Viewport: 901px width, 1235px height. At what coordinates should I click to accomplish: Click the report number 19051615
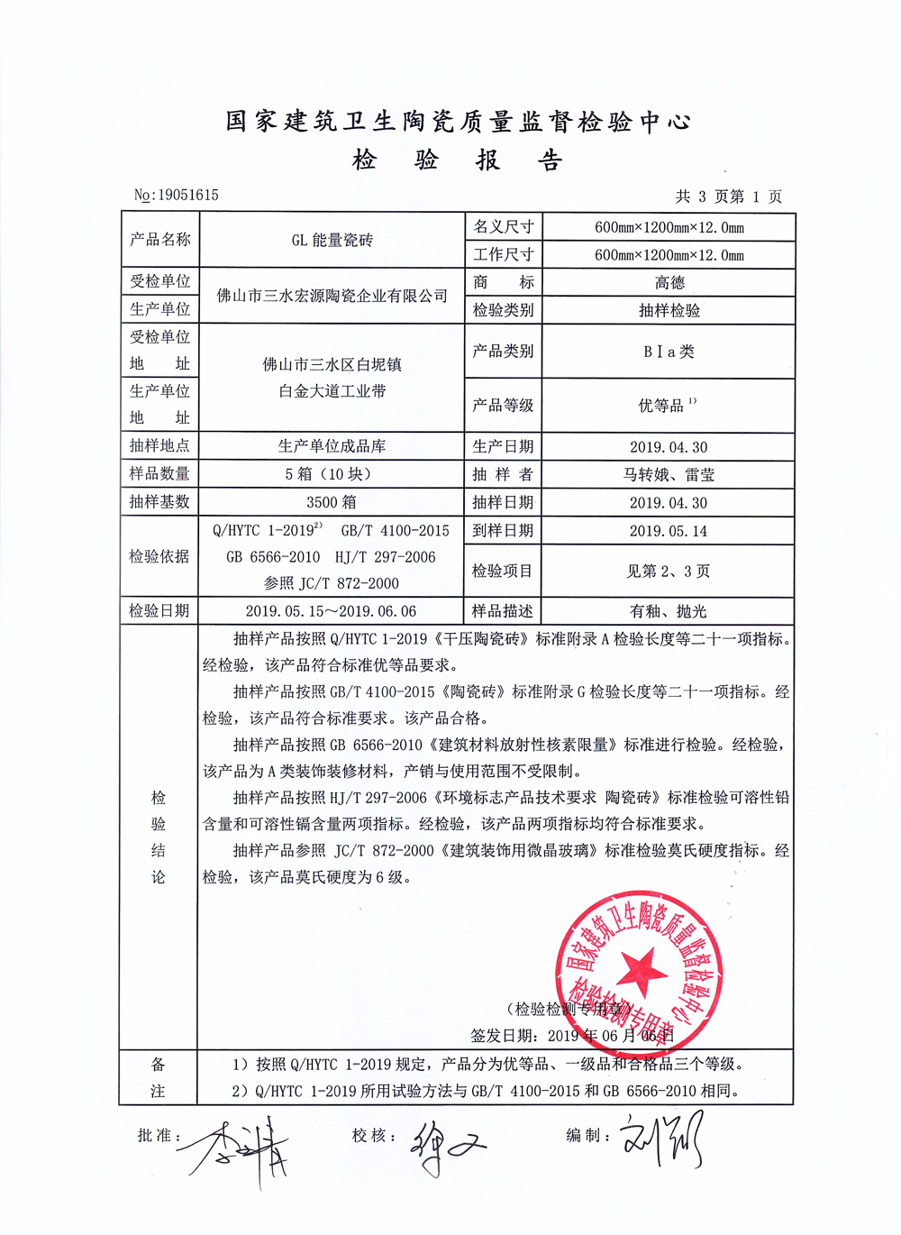click(x=187, y=195)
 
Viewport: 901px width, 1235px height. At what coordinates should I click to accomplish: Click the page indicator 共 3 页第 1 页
click(x=728, y=196)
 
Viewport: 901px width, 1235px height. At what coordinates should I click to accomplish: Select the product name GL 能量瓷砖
click(x=332, y=240)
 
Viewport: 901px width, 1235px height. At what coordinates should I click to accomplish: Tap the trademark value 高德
click(x=669, y=282)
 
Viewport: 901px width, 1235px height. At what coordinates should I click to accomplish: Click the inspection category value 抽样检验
click(x=669, y=310)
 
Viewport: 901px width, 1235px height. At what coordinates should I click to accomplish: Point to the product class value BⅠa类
click(x=669, y=352)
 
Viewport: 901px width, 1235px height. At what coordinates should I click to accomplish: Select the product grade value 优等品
click(x=662, y=406)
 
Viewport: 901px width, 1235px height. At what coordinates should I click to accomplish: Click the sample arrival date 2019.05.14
click(x=669, y=531)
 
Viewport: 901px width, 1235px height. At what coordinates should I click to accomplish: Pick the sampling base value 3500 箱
click(x=332, y=502)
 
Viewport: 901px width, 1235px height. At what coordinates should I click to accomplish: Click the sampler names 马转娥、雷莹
click(x=669, y=475)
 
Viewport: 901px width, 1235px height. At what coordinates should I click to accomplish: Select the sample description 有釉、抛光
click(x=669, y=611)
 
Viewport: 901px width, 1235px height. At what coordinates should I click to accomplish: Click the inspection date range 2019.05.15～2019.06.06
click(x=331, y=611)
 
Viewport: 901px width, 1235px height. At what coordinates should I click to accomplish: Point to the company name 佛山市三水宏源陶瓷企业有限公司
click(x=332, y=296)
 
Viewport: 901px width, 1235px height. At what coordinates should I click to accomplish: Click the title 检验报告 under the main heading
click(x=458, y=160)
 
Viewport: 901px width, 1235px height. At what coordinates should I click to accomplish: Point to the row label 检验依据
click(x=159, y=556)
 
